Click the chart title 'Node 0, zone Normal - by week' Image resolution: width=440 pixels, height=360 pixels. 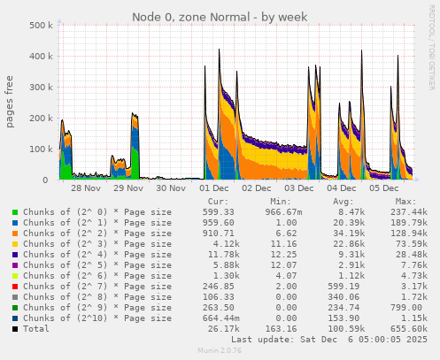pos(220,16)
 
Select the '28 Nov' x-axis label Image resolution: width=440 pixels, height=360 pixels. pos(86,188)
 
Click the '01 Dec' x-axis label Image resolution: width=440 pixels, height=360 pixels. pos(214,188)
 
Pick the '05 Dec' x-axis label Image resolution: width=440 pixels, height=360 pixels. pos(384,188)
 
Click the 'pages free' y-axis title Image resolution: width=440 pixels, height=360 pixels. pos(10,103)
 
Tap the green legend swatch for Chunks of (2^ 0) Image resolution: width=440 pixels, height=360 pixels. pos(14,212)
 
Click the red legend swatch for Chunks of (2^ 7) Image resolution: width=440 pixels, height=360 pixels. pos(14,287)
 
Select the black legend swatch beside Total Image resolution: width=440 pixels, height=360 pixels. pos(14,329)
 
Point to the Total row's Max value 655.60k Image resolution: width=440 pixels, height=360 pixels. pos(405,329)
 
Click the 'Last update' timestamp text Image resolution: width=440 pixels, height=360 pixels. pos(328,340)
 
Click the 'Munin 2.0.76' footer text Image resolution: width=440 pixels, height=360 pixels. pos(220,351)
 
